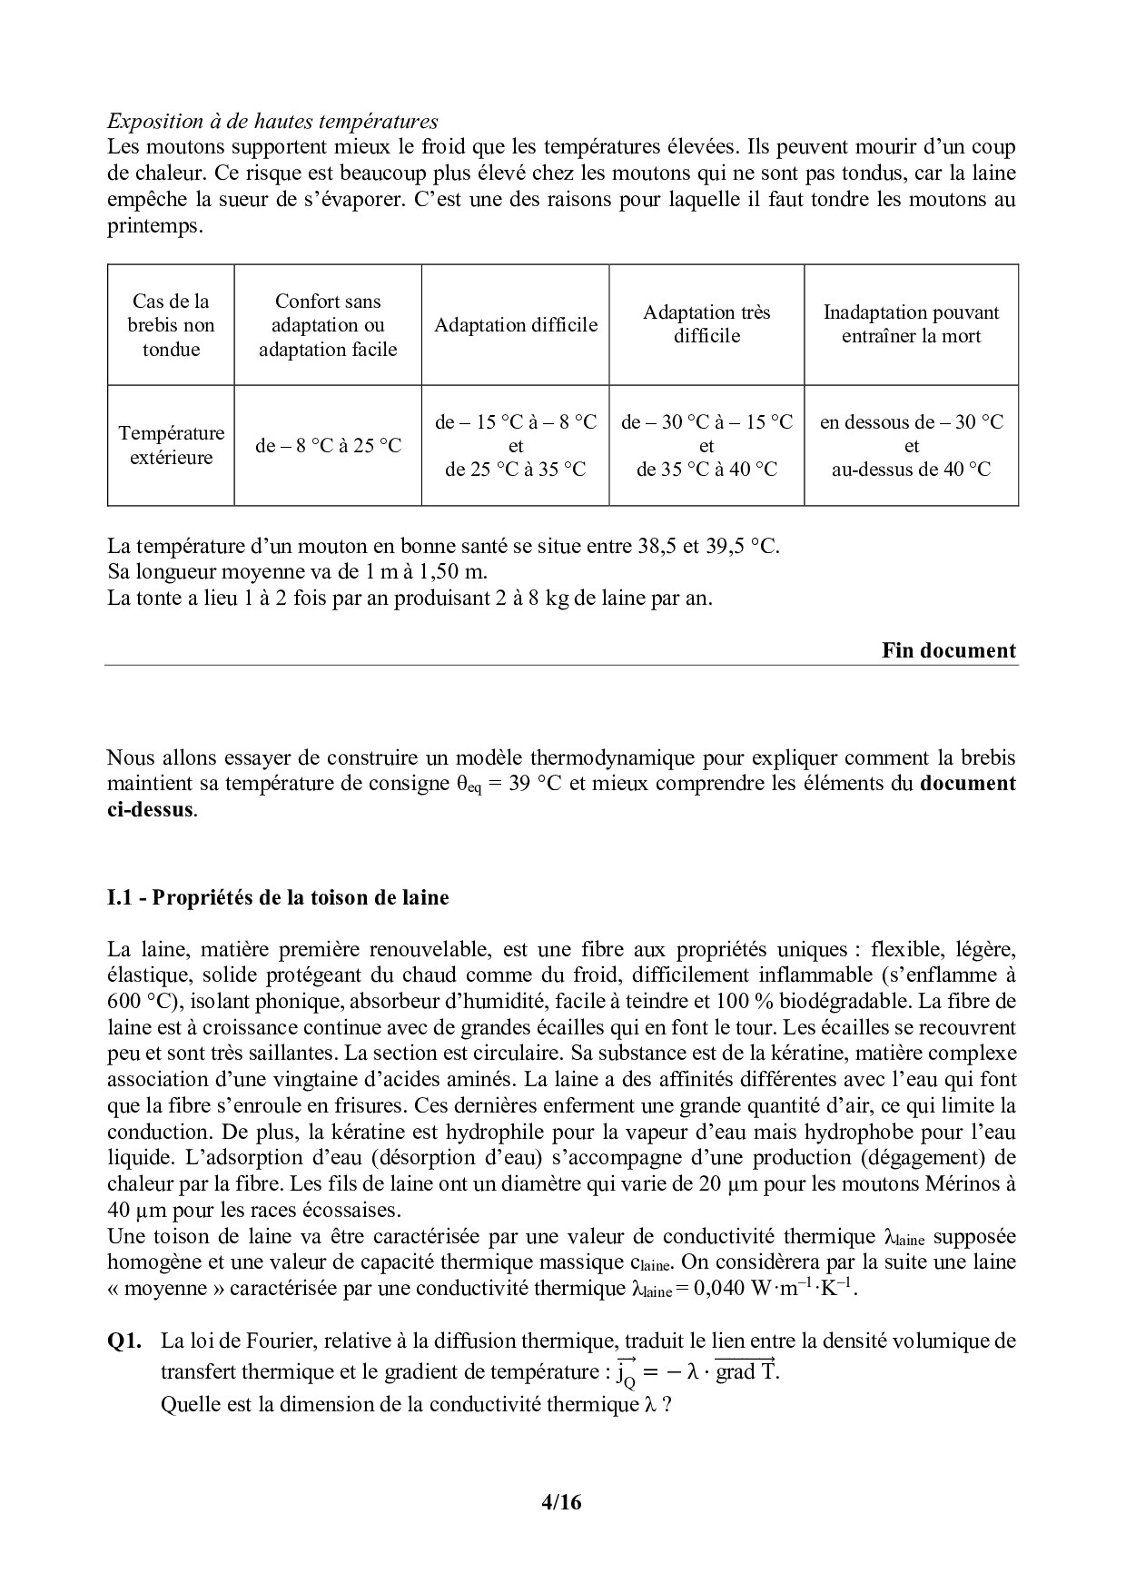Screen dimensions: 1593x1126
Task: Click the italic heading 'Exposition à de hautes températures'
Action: (x=272, y=121)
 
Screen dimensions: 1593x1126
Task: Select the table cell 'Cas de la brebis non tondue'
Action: (x=171, y=325)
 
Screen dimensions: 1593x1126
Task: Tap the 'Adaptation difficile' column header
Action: (x=516, y=325)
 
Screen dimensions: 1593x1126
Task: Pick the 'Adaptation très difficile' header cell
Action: (x=706, y=324)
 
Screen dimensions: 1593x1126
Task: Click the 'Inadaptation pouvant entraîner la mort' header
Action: (x=911, y=324)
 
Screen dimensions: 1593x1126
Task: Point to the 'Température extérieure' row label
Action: (x=171, y=445)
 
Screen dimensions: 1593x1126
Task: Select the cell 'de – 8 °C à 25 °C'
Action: (x=328, y=446)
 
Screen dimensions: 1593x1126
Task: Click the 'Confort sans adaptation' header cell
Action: (x=328, y=325)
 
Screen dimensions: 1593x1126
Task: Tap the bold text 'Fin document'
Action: (x=949, y=650)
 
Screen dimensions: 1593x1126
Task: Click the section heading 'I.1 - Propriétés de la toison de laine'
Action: (x=278, y=898)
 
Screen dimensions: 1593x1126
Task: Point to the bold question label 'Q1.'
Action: (x=123, y=1341)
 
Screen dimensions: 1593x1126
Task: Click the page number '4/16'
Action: (x=560, y=1502)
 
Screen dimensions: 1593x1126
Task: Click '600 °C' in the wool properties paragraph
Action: (x=135, y=1002)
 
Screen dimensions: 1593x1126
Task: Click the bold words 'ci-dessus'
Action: (x=150, y=809)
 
